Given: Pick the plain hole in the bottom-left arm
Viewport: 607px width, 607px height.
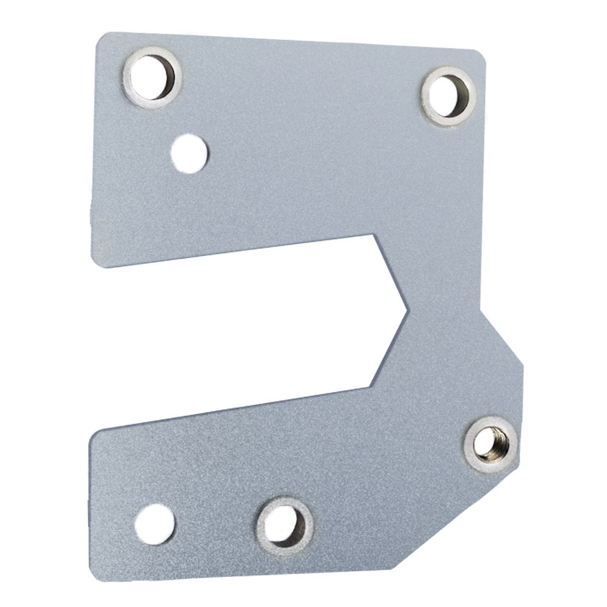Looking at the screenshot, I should click(154, 522).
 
